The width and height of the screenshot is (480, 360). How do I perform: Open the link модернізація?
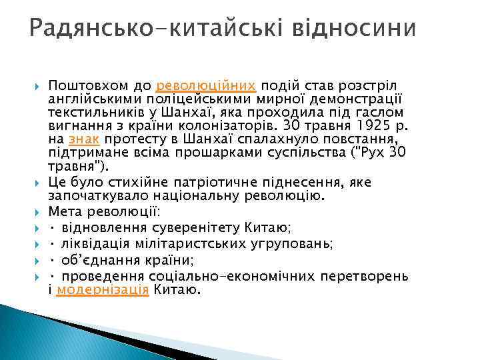pyautogui.click(x=103, y=291)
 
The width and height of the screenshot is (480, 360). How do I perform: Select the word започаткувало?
pyautogui.click(x=99, y=196)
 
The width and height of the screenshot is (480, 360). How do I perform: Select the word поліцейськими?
pyautogui.click(x=149, y=99)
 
